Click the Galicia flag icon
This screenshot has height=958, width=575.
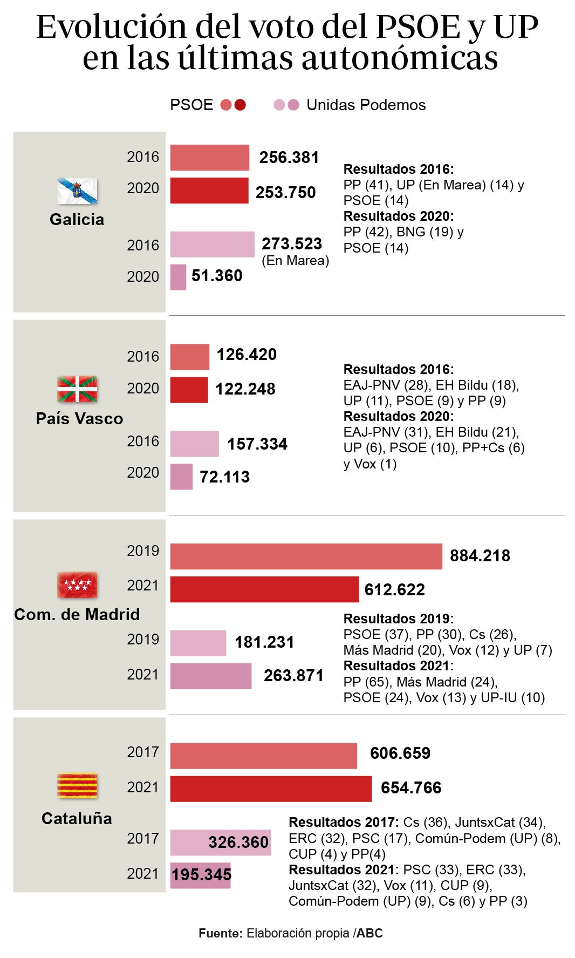77,191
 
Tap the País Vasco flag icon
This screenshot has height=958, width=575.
77,389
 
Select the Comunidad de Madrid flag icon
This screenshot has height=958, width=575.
77,585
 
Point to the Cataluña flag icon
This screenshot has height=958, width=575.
77,786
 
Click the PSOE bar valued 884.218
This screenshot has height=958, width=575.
306,556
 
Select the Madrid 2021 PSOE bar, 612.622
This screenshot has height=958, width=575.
264,589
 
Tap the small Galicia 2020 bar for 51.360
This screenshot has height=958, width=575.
178,277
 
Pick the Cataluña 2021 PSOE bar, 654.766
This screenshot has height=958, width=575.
271,789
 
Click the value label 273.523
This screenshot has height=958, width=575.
292,244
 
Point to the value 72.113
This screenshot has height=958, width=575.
224,477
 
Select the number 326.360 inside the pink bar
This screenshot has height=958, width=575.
238,843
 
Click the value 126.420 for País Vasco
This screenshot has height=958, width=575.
247,355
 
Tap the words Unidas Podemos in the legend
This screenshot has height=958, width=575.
366,105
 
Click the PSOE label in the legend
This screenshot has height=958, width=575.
191,105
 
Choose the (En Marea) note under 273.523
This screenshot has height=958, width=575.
295,261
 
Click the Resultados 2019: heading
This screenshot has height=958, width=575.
398,619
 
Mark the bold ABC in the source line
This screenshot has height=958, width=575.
369,933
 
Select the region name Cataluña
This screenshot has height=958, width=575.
77,819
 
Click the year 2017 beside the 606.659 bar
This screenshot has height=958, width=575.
142,752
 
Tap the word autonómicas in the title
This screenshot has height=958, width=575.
399,58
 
